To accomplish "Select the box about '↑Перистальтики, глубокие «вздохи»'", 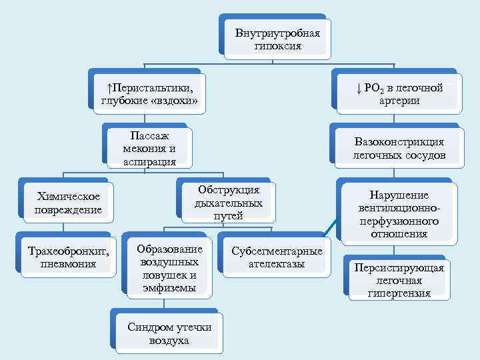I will click(x=150, y=94).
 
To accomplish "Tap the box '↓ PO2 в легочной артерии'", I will click(x=399, y=94).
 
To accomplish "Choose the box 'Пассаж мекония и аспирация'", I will click(x=149, y=148).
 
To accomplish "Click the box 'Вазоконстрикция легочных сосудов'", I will click(x=399, y=149).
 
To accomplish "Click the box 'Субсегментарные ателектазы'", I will click(x=277, y=257).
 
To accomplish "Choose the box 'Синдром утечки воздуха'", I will click(x=169, y=333).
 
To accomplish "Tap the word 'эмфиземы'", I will click(x=169, y=287).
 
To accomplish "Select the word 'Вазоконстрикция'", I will click(x=399, y=142).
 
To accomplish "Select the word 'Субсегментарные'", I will click(x=277, y=251).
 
